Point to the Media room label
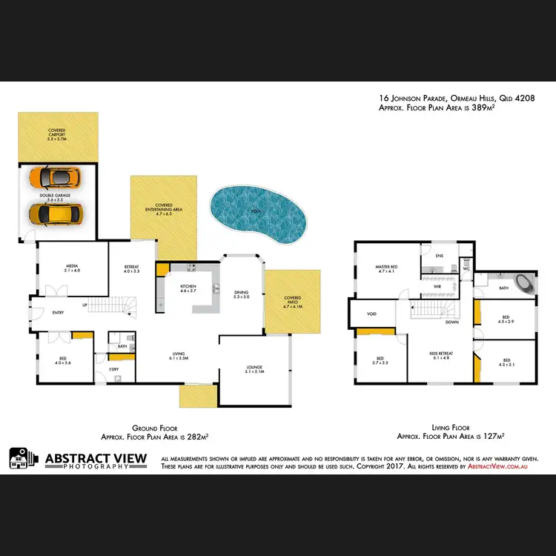(x=72, y=268)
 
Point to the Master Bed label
(x=387, y=269)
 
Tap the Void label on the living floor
(x=371, y=314)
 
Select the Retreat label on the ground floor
(x=132, y=268)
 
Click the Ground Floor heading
(x=148, y=428)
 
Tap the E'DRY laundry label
(x=114, y=369)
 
